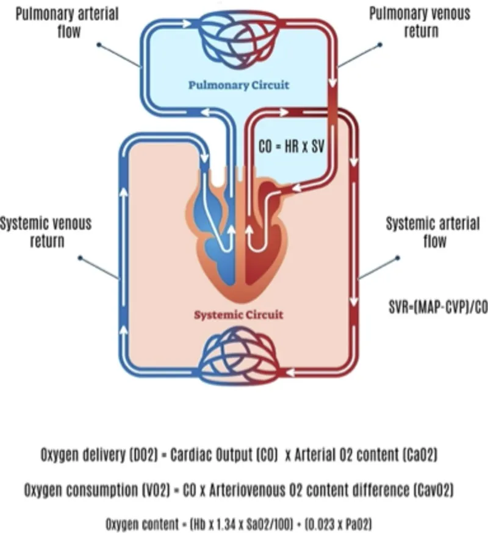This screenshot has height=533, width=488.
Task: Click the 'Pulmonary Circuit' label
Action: point(239,85)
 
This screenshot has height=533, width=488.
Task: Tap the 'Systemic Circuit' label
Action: point(239,315)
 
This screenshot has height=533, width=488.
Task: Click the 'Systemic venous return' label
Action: point(46,231)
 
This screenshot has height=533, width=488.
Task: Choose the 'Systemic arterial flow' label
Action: point(433,231)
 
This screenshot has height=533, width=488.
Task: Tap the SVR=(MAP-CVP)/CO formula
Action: point(438,306)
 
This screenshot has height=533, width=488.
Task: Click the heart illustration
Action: point(238,244)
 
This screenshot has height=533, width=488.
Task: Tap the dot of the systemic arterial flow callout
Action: point(396,258)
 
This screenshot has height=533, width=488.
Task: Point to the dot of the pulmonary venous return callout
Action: point(380,44)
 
